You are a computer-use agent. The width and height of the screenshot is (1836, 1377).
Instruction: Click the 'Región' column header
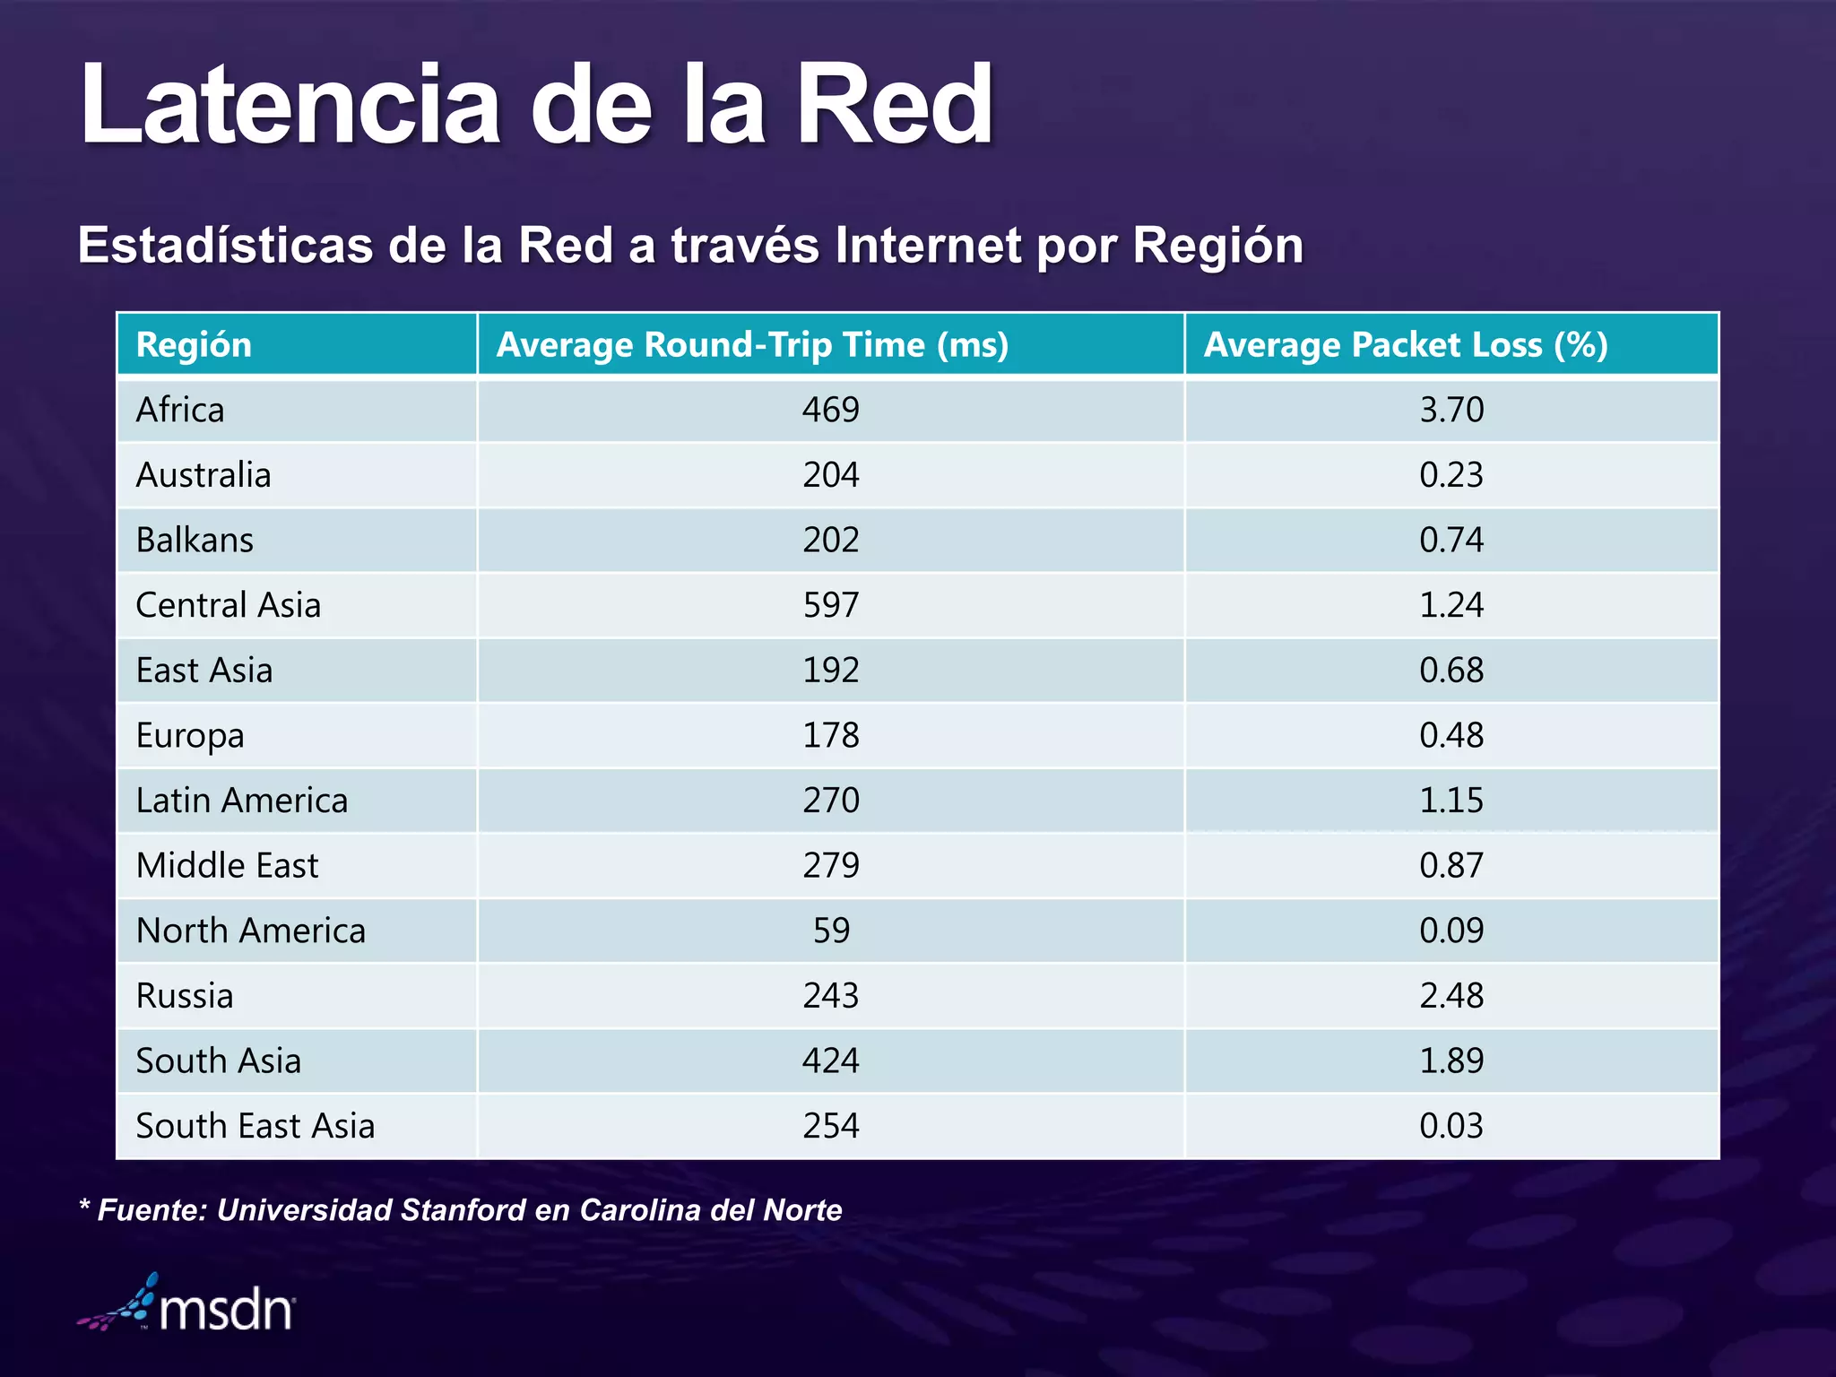coord(194,345)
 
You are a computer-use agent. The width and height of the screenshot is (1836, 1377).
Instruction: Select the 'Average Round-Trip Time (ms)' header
coord(752,345)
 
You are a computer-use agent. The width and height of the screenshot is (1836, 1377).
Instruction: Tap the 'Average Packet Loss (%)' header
coord(1405,345)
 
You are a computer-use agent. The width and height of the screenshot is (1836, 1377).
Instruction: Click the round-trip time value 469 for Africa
coord(830,411)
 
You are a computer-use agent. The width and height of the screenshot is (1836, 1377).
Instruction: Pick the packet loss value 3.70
coord(1451,411)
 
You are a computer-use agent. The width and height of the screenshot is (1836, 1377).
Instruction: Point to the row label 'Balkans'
coord(195,541)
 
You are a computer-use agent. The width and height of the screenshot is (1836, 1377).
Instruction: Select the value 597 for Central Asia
coord(830,605)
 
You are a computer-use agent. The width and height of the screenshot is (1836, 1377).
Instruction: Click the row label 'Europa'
coord(190,736)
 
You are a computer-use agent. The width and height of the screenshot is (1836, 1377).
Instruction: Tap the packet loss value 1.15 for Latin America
coord(1451,801)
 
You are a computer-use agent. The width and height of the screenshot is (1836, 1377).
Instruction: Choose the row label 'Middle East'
coord(227,866)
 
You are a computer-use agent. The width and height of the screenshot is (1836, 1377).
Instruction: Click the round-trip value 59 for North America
coord(830,931)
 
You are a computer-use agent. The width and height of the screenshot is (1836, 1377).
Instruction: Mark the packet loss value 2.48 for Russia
coord(1451,996)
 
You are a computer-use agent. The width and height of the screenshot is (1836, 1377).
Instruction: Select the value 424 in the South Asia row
coord(830,1061)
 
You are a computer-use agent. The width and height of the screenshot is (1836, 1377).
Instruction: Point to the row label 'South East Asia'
coord(255,1127)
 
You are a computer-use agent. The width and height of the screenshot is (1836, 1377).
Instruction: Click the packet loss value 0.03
coord(1451,1127)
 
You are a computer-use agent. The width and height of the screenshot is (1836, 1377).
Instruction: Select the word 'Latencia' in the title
coord(290,105)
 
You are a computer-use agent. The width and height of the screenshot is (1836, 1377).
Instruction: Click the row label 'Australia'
coord(203,475)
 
